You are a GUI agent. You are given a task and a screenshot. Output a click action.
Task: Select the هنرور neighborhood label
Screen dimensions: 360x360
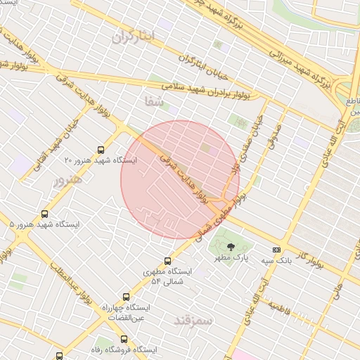point(67,180)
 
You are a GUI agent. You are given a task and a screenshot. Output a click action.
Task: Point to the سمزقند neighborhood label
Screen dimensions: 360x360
point(193,320)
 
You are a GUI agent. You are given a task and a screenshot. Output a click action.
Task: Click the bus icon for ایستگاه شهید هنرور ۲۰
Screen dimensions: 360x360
point(101,150)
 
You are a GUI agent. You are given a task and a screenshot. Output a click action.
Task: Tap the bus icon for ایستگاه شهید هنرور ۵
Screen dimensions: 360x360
point(45,214)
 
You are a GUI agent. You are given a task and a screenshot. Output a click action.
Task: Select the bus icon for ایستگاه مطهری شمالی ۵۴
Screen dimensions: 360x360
point(167,261)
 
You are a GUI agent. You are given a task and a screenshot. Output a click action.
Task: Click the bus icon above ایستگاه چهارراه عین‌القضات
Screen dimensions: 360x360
point(126,297)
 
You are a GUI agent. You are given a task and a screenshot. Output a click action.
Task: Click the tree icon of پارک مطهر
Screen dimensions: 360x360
point(231,247)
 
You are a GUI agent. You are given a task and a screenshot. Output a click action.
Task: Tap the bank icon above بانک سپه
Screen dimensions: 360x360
point(276,250)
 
